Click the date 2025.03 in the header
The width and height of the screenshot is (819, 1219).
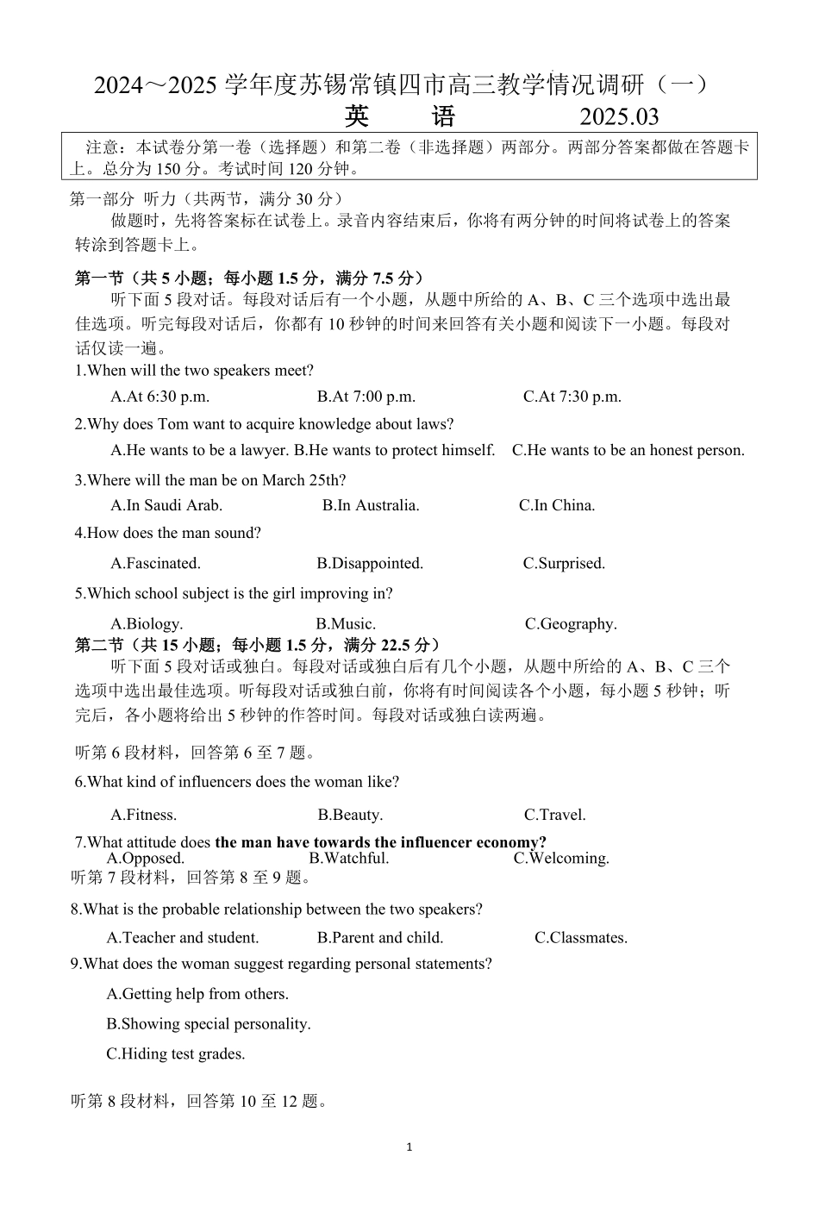tap(619, 117)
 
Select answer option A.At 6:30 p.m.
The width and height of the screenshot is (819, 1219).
tap(160, 397)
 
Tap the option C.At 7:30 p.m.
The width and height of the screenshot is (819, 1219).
tap(572, 397)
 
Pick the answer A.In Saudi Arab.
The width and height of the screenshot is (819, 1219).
tap(166, 505)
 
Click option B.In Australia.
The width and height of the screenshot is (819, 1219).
tap(371, 505)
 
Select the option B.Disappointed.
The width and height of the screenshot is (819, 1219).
tap(370, 563)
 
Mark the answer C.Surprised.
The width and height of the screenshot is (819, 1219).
tap(564, 563)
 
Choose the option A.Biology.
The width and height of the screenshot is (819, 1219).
tap(147, 623)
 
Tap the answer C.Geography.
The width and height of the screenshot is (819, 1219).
tap(571, 623)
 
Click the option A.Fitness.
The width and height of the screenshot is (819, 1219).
tap(143, 815)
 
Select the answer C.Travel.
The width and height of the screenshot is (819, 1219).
tap(554, 815)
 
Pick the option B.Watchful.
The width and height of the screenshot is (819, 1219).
tap(349, 858)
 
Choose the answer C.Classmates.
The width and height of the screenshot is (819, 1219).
tap(581, 937)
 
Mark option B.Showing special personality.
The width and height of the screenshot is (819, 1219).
tap(209, 1023)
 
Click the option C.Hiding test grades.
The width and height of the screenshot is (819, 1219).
tap(176, 1053)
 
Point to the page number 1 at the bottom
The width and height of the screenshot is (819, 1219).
tap(409, 1147)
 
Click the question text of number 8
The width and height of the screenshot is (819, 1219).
tap(277, 909)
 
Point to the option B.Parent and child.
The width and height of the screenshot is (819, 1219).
tap(380, 937)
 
